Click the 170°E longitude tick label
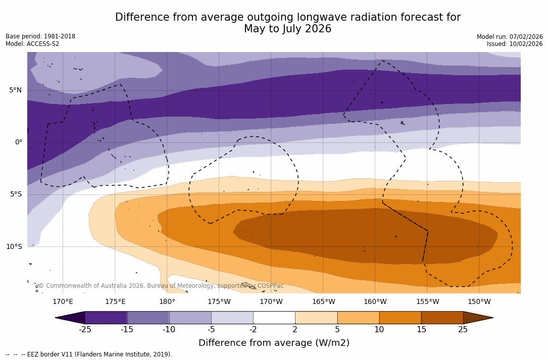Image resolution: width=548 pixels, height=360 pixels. [x=63, y=302]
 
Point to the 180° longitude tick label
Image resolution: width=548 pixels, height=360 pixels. [x=167, y=302]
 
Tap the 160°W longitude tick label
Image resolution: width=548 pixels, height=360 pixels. [x=375, y=302]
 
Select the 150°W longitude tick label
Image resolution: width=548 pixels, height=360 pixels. [x=479, y=302]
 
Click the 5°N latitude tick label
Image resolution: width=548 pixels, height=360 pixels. [x=15, y=90]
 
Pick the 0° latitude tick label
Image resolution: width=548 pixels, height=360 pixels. [x=19, y=142]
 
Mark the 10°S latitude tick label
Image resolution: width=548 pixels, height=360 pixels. [x=14, y=247]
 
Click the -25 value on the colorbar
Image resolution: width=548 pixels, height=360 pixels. [x=85, y=330]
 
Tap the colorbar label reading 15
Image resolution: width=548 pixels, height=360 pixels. [x=421, y=330]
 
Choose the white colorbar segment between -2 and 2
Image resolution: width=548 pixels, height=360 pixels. [x=274, y=318]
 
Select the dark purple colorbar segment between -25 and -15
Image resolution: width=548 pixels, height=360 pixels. [x=106, y=318]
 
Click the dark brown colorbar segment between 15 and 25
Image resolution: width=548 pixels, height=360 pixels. [x=442, y=318]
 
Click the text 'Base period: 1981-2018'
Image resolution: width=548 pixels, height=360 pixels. [x=40, y=36]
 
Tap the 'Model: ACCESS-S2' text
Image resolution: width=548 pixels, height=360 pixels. [x=32, y=44]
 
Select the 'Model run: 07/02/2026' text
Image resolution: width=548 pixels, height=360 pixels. [x=510, y=37]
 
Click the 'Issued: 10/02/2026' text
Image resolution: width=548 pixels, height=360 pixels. [x=515, y=44]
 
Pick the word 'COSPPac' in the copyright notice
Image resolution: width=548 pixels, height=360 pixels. [x=270, y=286]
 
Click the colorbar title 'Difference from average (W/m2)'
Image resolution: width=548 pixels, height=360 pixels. [x=274, y=343]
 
